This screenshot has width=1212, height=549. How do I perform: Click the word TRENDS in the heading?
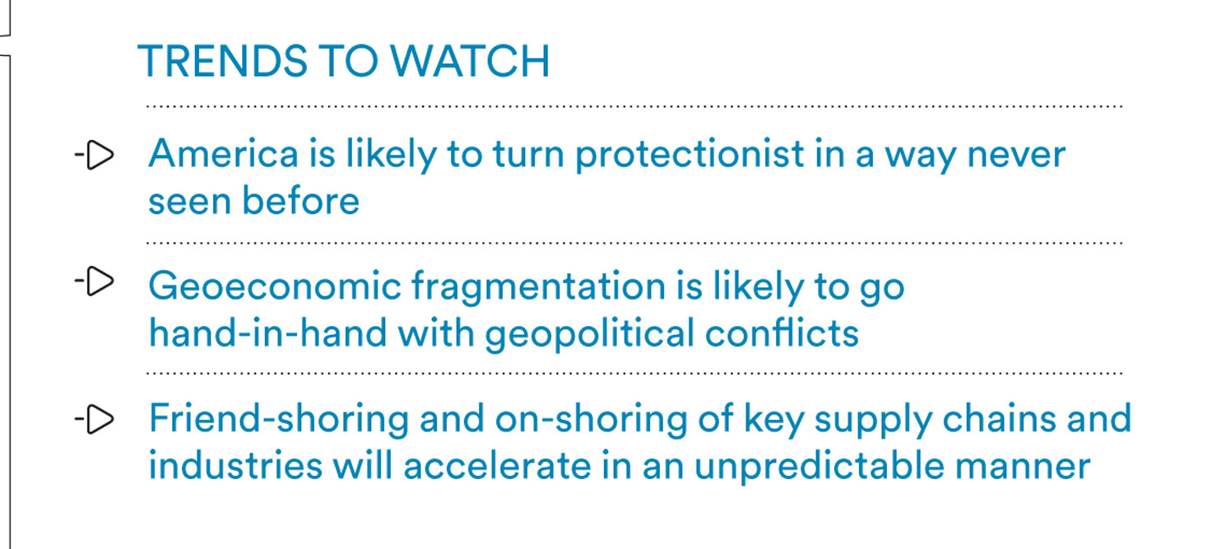tap(223, 61)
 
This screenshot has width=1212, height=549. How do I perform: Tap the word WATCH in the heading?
tap(470, 61)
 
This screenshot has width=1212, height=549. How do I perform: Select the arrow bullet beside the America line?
tap(95, 156)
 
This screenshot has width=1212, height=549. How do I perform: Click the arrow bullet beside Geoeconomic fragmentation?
tap(95, 281)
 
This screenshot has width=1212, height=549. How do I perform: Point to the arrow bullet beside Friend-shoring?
tap(95, 419)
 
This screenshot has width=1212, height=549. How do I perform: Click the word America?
tap(224, 154)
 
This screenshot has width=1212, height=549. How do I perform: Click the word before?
tap(301, 201)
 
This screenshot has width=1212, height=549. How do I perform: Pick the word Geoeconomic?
tap(275, 286)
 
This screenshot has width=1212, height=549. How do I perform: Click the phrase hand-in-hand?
tap(268, 333)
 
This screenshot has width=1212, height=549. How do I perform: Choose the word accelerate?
tap(497, 465)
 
